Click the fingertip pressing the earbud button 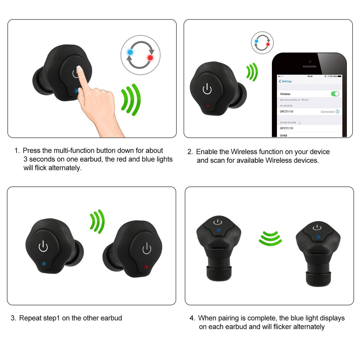(79, 70)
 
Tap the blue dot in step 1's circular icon (130, 52)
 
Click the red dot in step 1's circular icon (150, 58)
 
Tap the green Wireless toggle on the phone (335, 94)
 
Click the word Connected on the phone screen (327, 112)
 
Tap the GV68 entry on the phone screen (283, 136)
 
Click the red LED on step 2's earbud (208, 106)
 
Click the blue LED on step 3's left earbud (44, 263)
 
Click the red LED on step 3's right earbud (146, 267)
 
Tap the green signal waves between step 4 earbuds (270, 238)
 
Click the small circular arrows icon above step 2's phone (262, 42)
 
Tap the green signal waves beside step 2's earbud (252, 72)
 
